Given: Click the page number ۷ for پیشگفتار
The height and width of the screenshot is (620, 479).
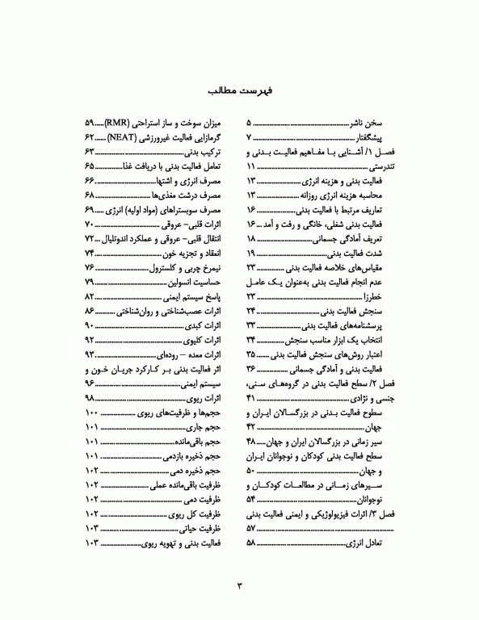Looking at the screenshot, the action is (249, 138).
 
